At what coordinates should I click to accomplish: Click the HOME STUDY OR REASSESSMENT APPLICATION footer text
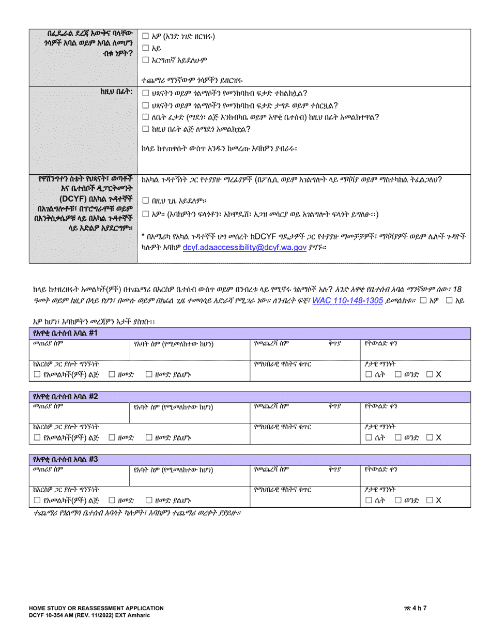click(x=96, y=608)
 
